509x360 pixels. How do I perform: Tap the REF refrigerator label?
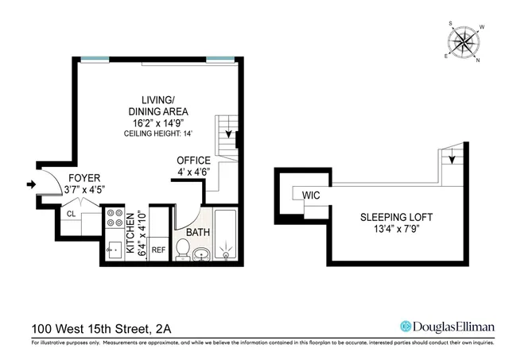(x=158, y=249)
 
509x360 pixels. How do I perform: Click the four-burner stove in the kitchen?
(x=115, y=219)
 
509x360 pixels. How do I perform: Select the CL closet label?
(x=71, y=214)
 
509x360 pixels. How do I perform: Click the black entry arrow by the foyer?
(x=32, y=185)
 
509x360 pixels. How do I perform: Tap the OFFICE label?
(x=193, y=161)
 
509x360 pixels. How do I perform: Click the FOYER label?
(x=84, y=177)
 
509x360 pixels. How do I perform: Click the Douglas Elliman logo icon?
(x=406, y=326)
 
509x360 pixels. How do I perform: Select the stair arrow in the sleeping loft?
(x=452, y=159)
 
